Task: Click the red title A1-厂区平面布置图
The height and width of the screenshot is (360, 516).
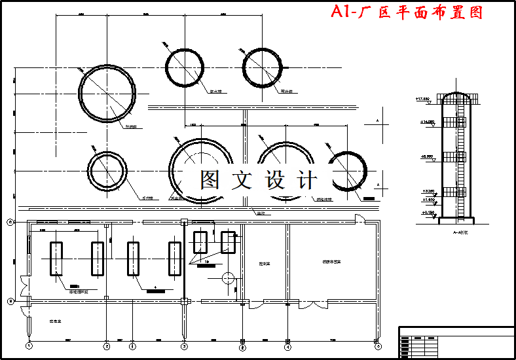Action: click(x=407, y=12)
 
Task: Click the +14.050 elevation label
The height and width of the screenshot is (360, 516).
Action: click(x=426, y=122)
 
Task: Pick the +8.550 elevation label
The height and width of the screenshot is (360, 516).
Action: click(x=427, y=157)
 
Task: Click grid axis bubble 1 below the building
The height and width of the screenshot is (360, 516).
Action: click(x=29, y=345)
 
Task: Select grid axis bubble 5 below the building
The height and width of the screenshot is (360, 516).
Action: click(x=378, y=345)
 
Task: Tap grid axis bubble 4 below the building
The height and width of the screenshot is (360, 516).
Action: click(x=287, y=345)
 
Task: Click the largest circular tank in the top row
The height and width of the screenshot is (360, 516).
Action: click(x=107, y=93)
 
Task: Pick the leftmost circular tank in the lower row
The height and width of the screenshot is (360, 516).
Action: click(x=107, y=171)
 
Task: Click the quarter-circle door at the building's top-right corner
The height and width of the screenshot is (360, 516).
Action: click(x=359, y=219)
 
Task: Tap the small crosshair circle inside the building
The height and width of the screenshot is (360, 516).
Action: click(x=227, y=278)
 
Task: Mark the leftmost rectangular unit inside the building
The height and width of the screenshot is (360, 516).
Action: click(x=56, y=258)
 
